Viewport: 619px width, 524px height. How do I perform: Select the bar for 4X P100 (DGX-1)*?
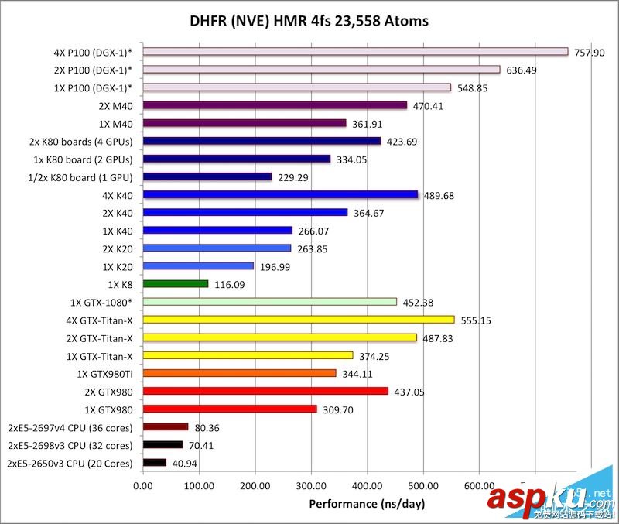coord(355,52)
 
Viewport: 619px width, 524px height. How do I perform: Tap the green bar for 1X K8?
coord(176,284)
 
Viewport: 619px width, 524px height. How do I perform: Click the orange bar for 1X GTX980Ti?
coord(240,373)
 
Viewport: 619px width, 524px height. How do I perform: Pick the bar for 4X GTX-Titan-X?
coord(299,320)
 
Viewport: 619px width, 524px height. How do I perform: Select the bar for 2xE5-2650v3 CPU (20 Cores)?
coord(155,463)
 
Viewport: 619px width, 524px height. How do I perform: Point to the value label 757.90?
coord(589,52)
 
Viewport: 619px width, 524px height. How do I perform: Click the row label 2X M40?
coord(117,105)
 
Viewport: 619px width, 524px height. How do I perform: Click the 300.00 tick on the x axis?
coord(310,487)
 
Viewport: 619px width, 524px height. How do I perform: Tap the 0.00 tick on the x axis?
coord(143,487)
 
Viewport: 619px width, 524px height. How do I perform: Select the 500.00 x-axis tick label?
coord(422,487)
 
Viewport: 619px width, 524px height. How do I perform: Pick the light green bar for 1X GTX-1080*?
coord(270,302)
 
